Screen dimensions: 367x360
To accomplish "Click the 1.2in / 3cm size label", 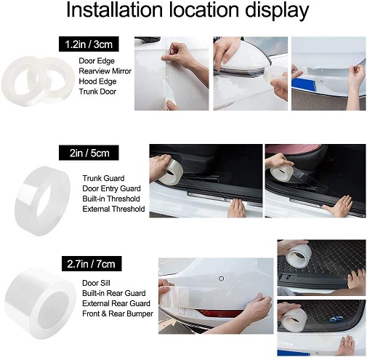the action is click(89, 44).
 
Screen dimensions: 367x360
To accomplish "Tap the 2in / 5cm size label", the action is click(89, 153).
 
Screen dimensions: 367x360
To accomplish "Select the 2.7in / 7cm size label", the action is click(92, 263).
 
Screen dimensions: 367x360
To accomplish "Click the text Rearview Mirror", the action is click(105, 71).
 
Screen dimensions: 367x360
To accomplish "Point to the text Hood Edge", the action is click(97, 81).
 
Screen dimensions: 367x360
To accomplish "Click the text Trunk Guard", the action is click(103, 178).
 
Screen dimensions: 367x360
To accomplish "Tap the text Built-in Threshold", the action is click(111, 199).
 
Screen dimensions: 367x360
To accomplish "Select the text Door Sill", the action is click(96, 283).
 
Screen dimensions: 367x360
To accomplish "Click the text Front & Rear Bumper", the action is click(118, 313).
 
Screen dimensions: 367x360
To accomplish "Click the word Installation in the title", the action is click(114, 9).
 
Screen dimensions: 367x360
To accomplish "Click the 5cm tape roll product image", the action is click(43, 201).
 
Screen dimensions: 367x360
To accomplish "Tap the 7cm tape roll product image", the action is click(40, 304).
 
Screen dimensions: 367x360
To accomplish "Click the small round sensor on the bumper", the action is click(221, 279).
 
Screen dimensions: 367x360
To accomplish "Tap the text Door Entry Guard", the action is click(111, 188).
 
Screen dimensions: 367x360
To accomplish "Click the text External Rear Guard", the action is click(116, 303).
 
